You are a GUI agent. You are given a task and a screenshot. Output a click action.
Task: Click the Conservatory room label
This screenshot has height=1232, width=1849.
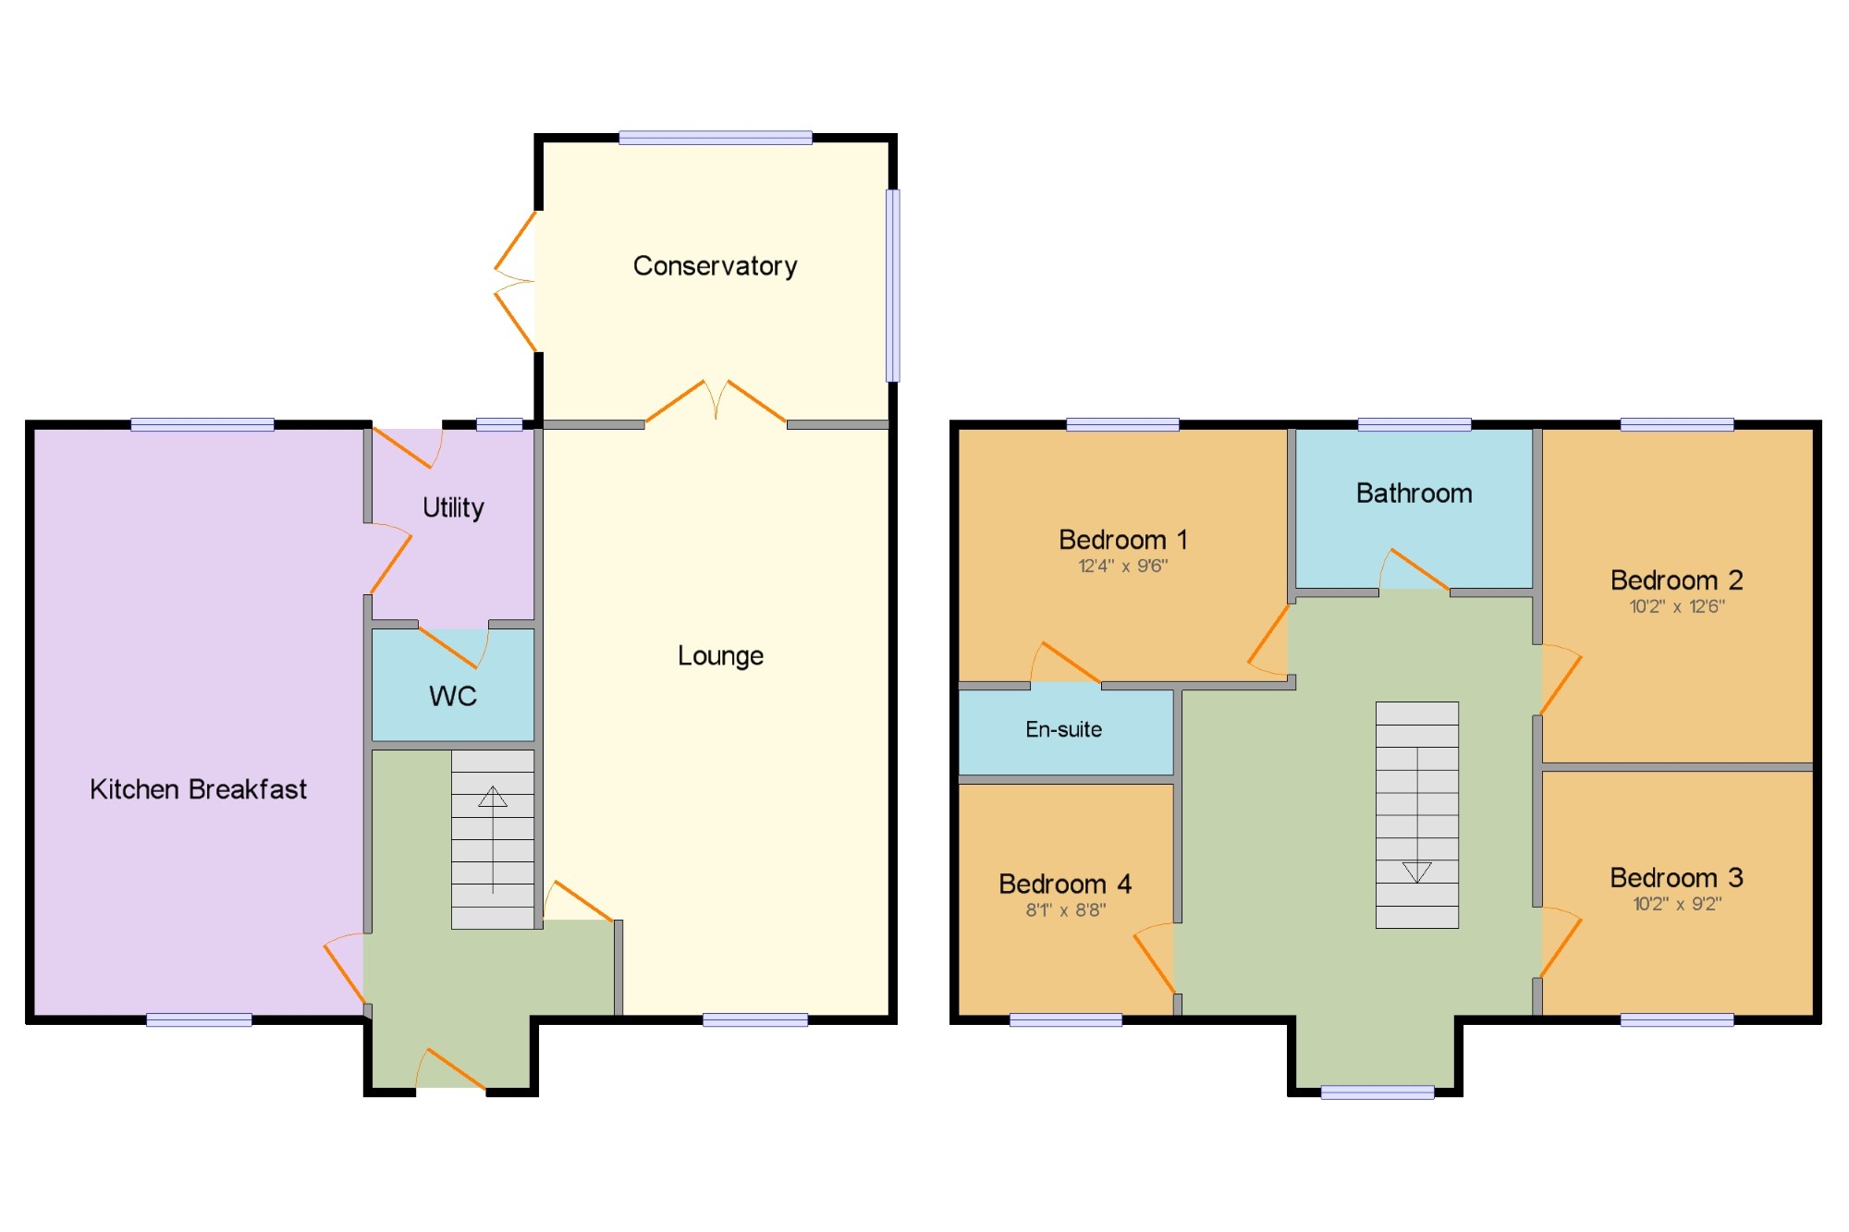(715, 266)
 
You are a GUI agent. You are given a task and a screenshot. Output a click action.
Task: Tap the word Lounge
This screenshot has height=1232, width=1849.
(720, 656)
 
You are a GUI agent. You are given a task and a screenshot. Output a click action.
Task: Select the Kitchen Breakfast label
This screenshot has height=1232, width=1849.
(198, 789)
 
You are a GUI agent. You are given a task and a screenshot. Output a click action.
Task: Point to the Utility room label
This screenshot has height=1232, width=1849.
(453, 507)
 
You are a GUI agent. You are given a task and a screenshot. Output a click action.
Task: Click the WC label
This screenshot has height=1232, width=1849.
(453, 696)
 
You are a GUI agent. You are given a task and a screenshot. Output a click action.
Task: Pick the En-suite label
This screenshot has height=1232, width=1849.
(1063, 729)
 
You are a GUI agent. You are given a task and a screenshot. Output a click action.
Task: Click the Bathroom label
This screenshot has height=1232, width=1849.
(1414, 494)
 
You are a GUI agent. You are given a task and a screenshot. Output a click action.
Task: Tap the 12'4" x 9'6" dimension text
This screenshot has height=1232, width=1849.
(1123, 566)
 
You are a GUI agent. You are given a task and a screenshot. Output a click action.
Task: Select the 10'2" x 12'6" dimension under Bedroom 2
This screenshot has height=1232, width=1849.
(1676, 606)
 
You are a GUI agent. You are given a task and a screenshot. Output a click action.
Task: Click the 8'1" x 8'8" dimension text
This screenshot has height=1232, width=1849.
(1065, 909)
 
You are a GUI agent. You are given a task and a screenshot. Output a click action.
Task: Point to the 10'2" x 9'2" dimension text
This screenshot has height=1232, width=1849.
(1676, 904)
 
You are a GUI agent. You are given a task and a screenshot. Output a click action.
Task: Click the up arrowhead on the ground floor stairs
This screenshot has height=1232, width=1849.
(493, 796)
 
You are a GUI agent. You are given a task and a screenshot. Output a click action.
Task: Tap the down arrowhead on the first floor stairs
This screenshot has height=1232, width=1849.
(1417, 872)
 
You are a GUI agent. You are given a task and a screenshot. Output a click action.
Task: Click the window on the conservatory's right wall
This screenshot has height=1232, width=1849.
(893, 286)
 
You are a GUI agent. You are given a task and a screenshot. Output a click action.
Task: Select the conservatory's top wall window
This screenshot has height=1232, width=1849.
(716, 138)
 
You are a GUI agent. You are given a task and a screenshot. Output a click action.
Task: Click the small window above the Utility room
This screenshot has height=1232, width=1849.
(499, 424)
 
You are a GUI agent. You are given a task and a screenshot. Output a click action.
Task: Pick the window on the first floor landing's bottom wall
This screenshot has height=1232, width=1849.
(1378, 1092)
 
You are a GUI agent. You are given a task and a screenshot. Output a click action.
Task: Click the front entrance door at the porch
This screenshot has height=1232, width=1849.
(451, 1070)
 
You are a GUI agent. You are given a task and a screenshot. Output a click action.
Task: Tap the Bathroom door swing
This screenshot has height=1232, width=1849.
(1414, 569)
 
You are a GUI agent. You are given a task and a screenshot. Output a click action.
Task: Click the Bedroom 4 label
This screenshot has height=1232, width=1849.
(1065, 884)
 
